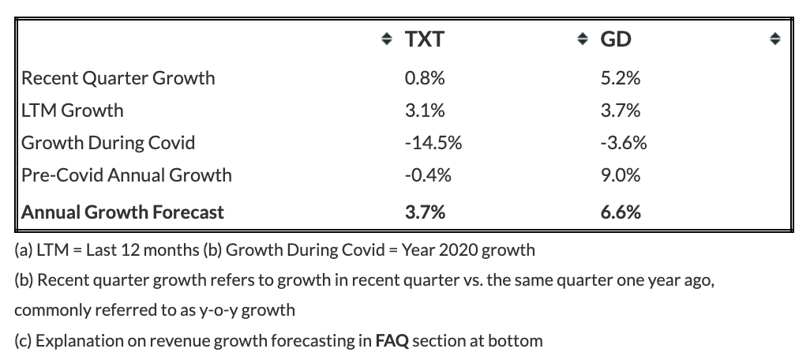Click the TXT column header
(x=424, y=39)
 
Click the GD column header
(x=616, y=39)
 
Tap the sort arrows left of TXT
(x=386, y=39)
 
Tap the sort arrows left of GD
(x=582, y=39)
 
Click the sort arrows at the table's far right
(x=774, y=39)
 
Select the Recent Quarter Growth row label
(x=118, y=78)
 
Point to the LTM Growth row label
(x=73, y=110)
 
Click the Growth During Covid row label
(x=108, y=143)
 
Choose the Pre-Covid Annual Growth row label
(x=126, y=175)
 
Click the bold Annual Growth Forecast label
(x=122, y=212)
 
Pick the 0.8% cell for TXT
(x=425, y=78)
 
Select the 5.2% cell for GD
(x=621, y=78)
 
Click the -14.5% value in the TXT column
(x=433, y=143)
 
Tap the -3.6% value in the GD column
(x=624, y=143)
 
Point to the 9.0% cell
(x=621, y=175)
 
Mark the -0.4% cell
(x=428, y=175)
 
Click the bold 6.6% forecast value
(x=621, y=212)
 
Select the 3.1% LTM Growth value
(x=425, y=110)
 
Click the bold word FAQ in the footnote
(x=392, y=341)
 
